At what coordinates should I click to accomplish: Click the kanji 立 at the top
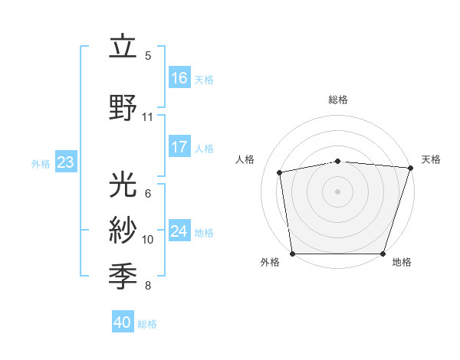pyautogui.click(x=123, y=47)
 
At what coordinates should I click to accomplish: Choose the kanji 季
pyautogui.click(x=123, y=274)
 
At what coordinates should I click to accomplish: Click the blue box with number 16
pyautogui.click(x=179, y=77)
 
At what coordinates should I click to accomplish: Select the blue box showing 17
pyautogui.click(x=179, y=147)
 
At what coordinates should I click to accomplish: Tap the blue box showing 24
pyautogui.click(x=179, y=231)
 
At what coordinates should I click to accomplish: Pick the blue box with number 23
pyautogui.click(x=65, y=162)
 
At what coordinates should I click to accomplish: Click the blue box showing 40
pyautogui.click(x=123, y=322)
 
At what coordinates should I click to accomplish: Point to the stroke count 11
pyautogui.click(x=148, y=117)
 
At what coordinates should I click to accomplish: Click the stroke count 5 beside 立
pyautogui.click(x=148, y=56)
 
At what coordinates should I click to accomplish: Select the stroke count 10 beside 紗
pyautogui.click(x=148, y=240)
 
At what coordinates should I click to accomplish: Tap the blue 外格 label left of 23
pyautogui.click(x=41, y=163)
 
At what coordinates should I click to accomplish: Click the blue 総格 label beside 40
pyautogui.click(x=147, y=324)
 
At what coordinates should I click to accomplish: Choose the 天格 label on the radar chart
pyautogui.click(x=432, y=159)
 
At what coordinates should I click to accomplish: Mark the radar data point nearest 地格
pyautogui.click(x=383, y=254)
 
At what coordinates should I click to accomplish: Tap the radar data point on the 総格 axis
pyautogui.click(x=338, y=161)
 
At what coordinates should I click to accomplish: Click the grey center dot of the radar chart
pyautogui.click(x=338, y=191)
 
